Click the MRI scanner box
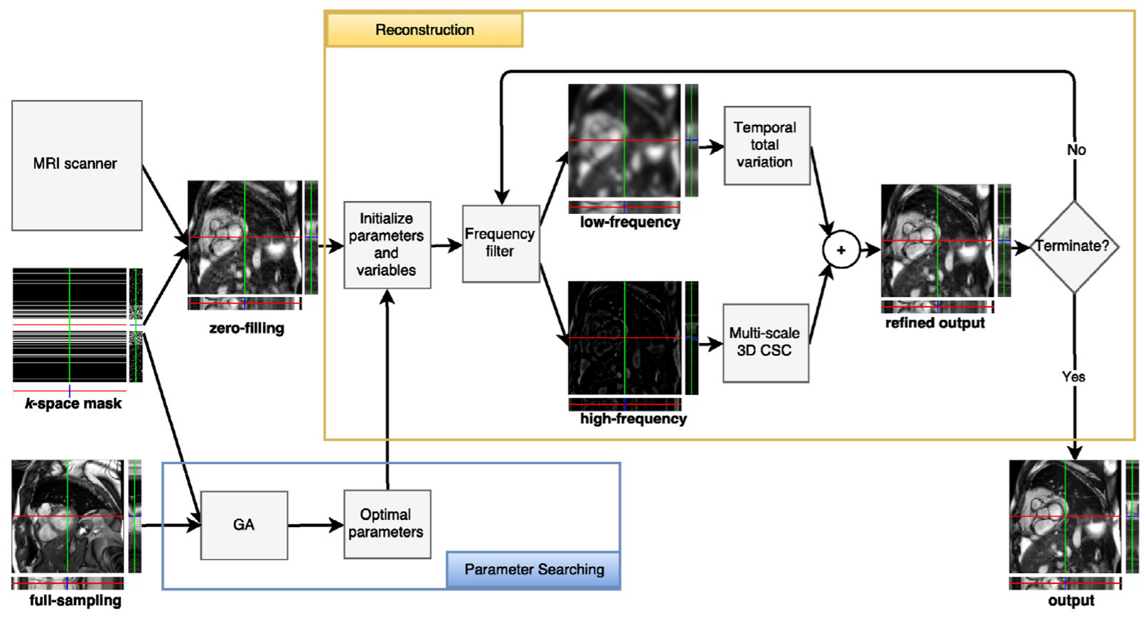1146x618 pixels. (x=77, y=165)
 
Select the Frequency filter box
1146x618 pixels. (x=500, y=244)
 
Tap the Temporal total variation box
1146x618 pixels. (x=766, y=145)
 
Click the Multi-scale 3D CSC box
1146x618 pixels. (x=765, y=342)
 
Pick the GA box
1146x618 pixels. (x=244, y=525)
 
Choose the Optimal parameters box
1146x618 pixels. (x=387, y=524)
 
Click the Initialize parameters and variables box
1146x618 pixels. (x=387, y=244)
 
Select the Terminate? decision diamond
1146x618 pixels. (x=1073, y=246)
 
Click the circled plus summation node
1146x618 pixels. (x=841, y=250)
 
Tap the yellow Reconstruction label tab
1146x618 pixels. (x=424, y=30)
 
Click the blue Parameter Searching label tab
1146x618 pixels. (x=534, y=570)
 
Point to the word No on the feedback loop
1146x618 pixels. (x=1076, y=150)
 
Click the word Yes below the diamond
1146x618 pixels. (x=1073, y=376)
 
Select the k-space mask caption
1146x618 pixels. (x=73, y=403)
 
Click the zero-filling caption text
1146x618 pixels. (x=246, y=328)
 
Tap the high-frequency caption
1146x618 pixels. (x=633, y=419)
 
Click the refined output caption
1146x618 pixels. (x=934, y=323)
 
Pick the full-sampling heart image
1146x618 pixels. (x=68, y=516)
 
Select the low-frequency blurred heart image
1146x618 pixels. (x=624, y=141)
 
